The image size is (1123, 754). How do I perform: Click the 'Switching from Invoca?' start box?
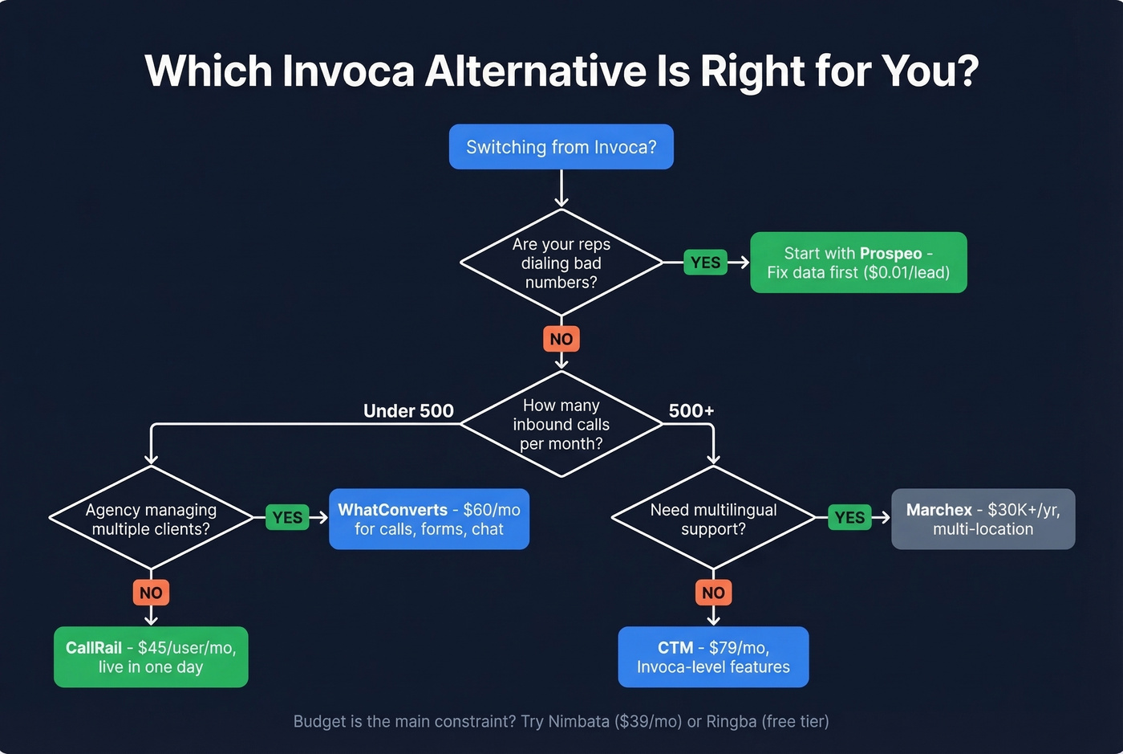pyautogui.click(x=561, y=147)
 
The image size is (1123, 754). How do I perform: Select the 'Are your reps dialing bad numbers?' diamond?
pyautogui.click(x=561, y=263)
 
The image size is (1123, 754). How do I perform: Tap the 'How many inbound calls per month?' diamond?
pyautogui.click(x=561, y=424)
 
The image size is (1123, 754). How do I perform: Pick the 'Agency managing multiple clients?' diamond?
pyautogui.click(x=151, y=519)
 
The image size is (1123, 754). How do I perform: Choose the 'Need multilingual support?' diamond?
pyautogui.click(x=713, y=519)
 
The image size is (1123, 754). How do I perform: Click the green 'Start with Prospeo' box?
pyautogui.click(x=858, y=263)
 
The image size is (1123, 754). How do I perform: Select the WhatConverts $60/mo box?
pyautogui.click(x=429, y=519)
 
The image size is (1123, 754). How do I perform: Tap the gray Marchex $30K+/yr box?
pyautogui.click(x=983, y=519)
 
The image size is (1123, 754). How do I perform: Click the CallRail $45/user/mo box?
pyautogui.click(x=151, y=657)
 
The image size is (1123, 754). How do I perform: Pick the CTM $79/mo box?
pyautogui.click(x=713, y=657)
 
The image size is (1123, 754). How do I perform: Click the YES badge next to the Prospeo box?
pyautogui.click(x=705, y=263)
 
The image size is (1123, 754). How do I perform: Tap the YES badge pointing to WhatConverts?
pyautogui.click(x=287, y=518)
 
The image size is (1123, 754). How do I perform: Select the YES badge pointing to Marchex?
pyautogui.click(x=849, y=518)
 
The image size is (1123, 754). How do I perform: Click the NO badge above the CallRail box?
pyautogui.click(x=151, y=593)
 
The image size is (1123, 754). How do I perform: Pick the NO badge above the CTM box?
pyautogui.click(x=713, y=593)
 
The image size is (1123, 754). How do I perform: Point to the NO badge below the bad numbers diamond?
pyautogui.click(x=561, y=339)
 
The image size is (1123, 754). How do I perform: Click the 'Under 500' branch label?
pyautogui.click(x=408, y=411)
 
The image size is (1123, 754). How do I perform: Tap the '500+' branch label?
pyautogui.click(x=691, y=411)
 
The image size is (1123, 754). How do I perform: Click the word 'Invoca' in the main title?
pyautogui.click(x=348, y=71)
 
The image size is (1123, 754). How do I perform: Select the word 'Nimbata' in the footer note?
pyautogui.click(x=578, y=721)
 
